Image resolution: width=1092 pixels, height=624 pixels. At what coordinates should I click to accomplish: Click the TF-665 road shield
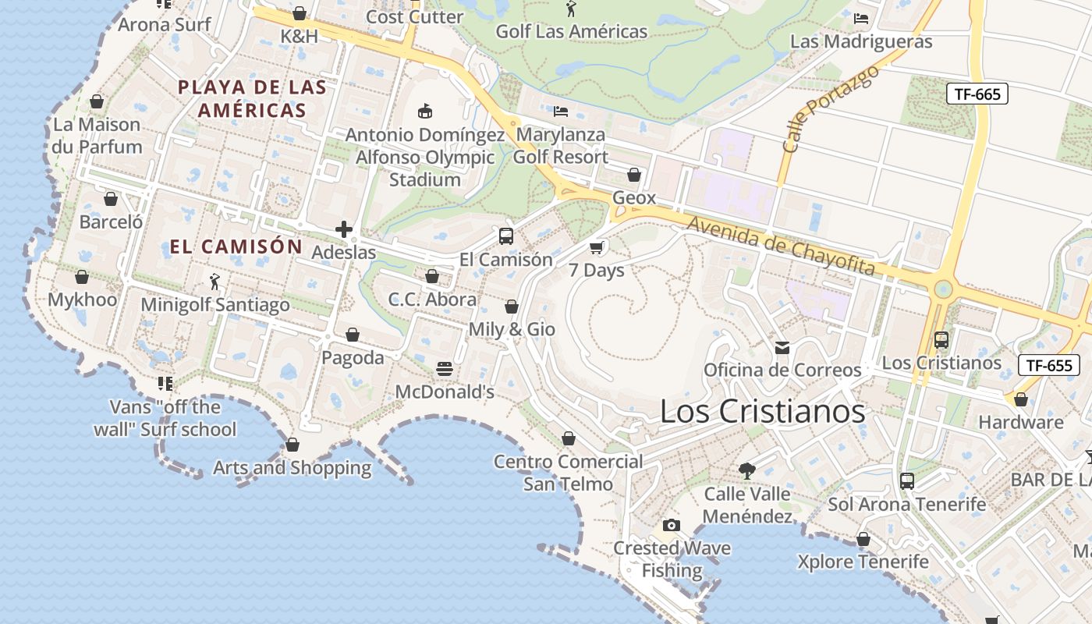pos(977,94)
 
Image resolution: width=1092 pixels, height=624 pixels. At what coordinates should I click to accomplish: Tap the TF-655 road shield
pos(1049,364)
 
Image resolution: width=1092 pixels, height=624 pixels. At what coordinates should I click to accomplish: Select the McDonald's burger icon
pos(445,368)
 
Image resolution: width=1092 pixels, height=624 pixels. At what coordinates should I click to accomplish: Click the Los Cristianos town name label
pos(762,411)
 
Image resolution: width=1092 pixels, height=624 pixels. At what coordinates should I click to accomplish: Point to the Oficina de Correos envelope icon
pos(782,347)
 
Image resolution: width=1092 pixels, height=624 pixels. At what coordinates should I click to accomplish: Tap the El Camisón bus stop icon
pos(506,236)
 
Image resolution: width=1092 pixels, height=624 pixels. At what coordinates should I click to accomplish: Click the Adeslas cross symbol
pos(344,229)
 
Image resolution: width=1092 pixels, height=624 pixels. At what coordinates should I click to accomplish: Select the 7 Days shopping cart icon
pos(597,248)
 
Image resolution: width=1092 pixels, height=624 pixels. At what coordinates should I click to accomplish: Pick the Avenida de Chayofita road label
pos(780,245)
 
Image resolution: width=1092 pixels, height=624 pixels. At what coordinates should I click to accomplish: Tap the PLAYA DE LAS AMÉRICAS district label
pos(252,98)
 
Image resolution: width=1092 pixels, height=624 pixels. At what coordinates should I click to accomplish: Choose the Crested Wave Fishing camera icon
pos(671,525)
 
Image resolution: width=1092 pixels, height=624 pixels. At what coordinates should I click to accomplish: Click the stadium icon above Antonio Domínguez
pos(425,111)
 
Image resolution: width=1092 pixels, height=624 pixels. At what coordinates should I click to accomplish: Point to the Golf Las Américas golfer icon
pos(571,9)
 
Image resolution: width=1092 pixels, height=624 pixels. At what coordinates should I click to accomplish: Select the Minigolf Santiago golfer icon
pos(214,282)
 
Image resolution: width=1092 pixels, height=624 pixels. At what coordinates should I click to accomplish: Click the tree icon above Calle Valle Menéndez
pos(747,470)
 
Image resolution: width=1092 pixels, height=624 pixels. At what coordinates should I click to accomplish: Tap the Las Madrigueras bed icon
pos(861,18)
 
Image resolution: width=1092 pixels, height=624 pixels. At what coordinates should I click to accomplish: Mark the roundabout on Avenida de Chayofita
pos(944,289)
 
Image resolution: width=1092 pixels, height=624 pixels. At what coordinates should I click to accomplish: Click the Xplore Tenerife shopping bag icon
pos(863,539)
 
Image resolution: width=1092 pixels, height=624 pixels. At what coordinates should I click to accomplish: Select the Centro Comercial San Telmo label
pos(569,473)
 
